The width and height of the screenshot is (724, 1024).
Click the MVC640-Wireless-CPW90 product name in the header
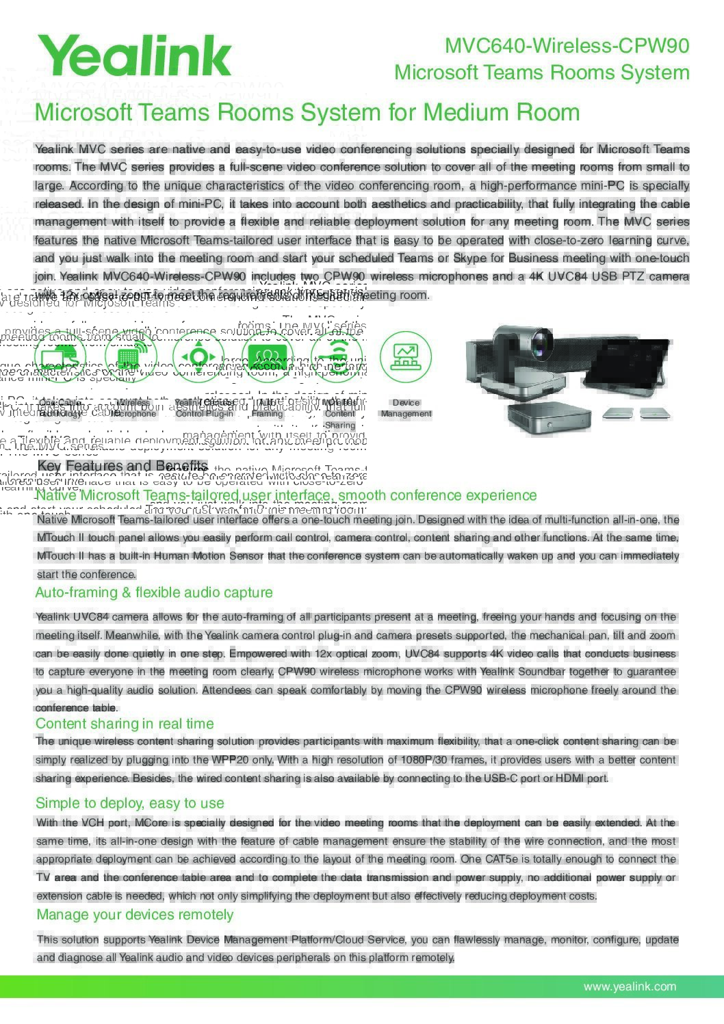[x=567, y=46]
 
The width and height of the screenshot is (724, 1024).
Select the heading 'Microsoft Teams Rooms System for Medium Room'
[x=307, y=112]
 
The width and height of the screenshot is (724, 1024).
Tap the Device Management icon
[x=406, y=356]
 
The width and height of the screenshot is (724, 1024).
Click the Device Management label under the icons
[x=406, y=408]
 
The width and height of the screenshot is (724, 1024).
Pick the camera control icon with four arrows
[x=198, y=356]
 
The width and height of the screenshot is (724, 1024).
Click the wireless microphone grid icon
[x=128, y=356]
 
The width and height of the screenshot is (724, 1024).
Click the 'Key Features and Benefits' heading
[x=122, y=467]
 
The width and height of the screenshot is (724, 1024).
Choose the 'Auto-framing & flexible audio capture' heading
[x=154, y=592]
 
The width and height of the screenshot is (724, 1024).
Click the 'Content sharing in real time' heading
[x=125, y=724]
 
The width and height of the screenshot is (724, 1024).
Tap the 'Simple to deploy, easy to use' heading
[x=130, y=803]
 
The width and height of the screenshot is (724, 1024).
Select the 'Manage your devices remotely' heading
[x=135, y=915]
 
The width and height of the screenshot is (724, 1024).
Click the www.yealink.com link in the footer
[x=630, y=986]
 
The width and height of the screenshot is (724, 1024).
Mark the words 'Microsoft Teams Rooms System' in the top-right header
[x=541, y=73]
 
